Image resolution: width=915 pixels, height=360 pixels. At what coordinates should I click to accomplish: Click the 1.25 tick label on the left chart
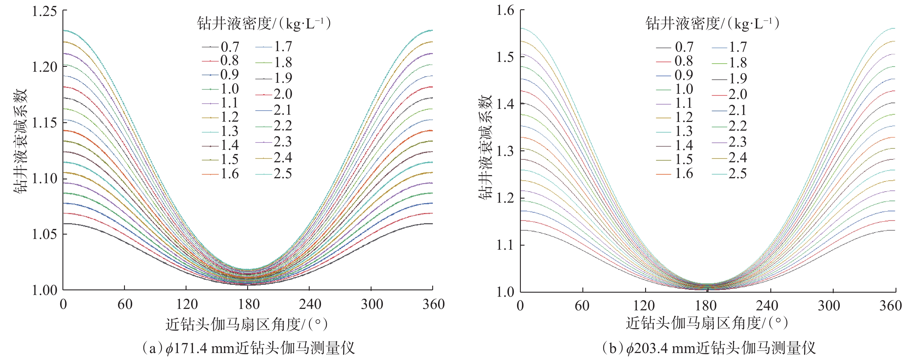tap(44, 11)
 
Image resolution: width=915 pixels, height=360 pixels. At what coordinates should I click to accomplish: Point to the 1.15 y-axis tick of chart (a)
tap(44, 123)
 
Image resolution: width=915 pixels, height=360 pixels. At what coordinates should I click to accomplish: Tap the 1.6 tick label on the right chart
tap(505, 11)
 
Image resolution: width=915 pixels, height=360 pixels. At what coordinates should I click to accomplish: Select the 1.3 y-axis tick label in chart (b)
tap(505, 151)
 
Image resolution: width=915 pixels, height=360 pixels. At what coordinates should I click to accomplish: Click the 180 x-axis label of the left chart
tap(249, 305)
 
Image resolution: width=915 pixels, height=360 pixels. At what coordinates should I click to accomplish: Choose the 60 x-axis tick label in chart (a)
tap(125, 305)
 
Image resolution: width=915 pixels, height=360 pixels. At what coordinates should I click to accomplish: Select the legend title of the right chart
tap(712, 24)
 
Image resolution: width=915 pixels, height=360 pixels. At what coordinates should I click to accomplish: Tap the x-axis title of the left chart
tap(247, 324)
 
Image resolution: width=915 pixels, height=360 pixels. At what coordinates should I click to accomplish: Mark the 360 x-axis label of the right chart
tap(890, 306)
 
